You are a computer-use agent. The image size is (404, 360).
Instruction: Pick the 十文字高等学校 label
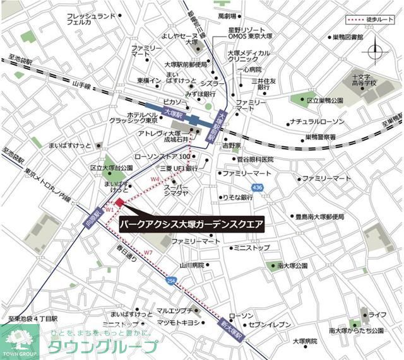pyautogui.click(x=364, y=80)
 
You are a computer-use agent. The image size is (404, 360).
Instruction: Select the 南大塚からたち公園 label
pyautogui.click(x=355, y=330)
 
